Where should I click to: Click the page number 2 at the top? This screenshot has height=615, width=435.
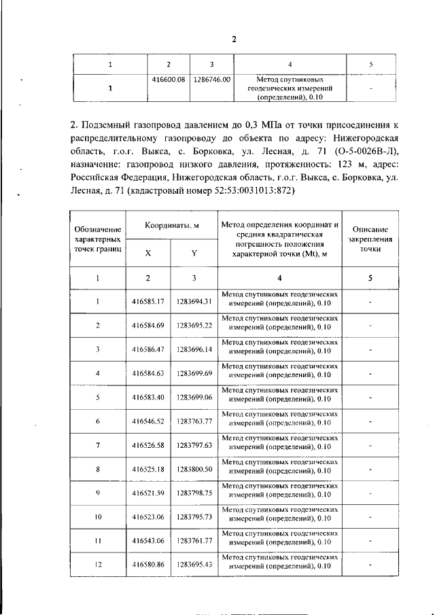(234, 39)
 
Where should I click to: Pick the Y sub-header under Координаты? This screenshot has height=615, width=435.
(194, 253)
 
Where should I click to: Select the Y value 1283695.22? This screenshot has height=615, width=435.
(194, 325)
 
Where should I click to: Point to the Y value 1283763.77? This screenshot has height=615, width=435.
(194, 421)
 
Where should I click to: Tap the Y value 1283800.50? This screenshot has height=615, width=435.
(194, 469)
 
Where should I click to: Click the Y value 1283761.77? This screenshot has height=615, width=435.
(194, 541)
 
